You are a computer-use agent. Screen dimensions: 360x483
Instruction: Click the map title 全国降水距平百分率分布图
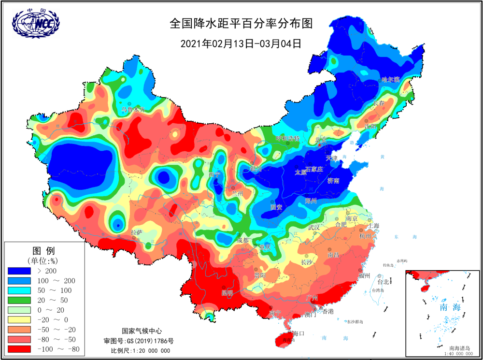[241, 24]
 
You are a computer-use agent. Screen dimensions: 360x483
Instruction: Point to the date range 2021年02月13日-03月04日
[241, 43]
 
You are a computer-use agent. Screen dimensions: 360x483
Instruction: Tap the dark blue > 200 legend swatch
[20, 271]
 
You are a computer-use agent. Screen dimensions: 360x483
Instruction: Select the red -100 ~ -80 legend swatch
[20, 349]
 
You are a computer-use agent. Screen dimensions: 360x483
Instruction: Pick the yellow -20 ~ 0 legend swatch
[20, 320]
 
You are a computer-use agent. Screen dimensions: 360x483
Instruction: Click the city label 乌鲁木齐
[133, 110]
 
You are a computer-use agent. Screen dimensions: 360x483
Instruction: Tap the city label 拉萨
[137, 232]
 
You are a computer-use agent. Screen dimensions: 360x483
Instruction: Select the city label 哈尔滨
[390, 79]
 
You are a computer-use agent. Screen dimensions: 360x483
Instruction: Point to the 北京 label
[321, 140]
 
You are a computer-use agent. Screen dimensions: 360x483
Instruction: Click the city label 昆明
[227, 293]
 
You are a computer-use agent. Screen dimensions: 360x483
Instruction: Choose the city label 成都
[243, 240]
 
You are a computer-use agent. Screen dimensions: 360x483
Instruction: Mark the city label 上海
[373, 226]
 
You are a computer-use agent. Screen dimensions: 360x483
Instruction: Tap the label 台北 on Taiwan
[383, 281]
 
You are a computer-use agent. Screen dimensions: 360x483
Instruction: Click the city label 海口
[298, 334]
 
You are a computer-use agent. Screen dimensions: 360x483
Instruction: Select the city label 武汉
[314, 227]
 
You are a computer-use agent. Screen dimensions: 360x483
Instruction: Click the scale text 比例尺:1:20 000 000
[141, 351]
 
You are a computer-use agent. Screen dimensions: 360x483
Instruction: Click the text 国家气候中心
[142, 331]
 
